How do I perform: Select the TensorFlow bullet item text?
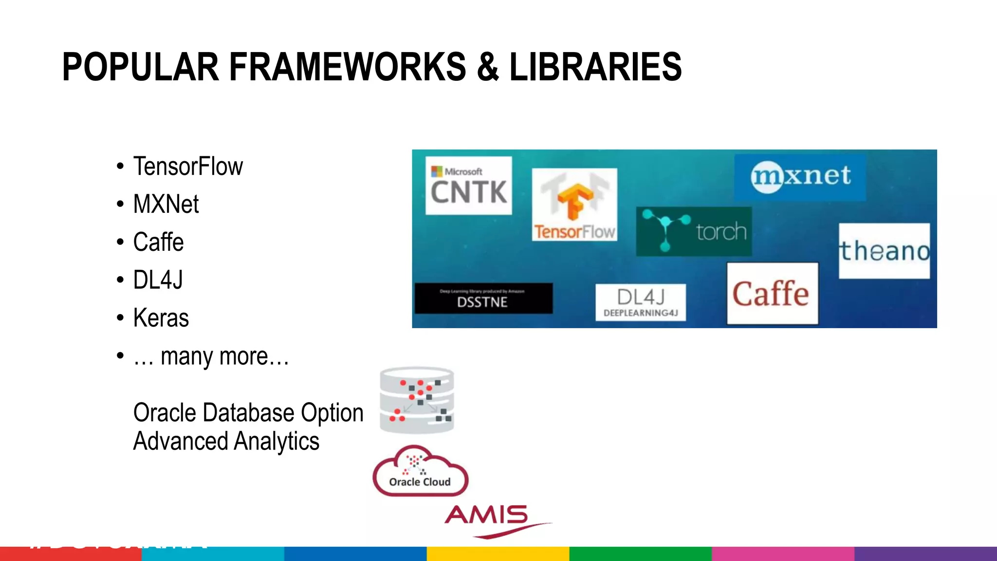pyautogui.click(x=188, y=167)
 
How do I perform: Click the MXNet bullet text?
pyautogui.click(x=166, y=204)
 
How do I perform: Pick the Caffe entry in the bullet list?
pyautogui.click(x=158, y=242)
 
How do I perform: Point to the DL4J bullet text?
pyautogui.click(x=158, y=280)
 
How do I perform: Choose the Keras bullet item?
pyautogui.click(x=161, y=318)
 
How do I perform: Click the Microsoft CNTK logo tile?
pyautogui.click(x=468, y=186)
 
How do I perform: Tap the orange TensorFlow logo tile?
pyautogui.click(x=574, y=205)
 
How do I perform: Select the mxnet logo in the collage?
pyautogui.click(x=800, y=176)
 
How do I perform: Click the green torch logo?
pyautogui.click(x=694, y=231)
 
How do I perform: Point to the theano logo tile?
pyautogui.click(x=884, y=251)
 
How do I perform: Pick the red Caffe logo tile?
pyautogui.click(x=772, y=293)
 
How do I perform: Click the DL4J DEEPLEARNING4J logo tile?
pyautogui.click(x=640, y=302)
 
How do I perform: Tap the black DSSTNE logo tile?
pyautogui.click(x=483, y=299)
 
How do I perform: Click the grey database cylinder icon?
pyautogui.click(x=417, y=400)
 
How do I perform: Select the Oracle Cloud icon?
pyautogui.click(x=420, y=471)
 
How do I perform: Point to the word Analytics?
pyautogui.click(x=276, y=441)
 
